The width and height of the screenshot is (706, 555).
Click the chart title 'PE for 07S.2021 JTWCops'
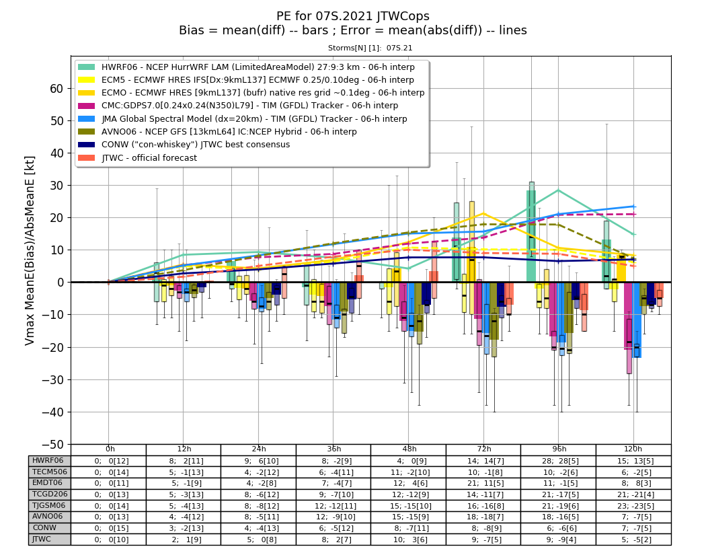[x=352, y=16]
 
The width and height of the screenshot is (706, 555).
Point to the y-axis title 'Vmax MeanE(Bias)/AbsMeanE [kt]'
[x=30, y=250]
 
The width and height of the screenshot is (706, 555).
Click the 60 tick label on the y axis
[x=56, y=89]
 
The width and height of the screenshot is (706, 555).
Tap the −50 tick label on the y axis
[x=52, y=445]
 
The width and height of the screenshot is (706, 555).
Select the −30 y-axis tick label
[x=52, y=380]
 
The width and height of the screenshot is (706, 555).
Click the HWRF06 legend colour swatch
[x=87, y=67]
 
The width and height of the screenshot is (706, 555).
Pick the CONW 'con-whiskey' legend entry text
[x=196, y=145]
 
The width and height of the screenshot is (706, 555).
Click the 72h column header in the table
[x=484, y=449]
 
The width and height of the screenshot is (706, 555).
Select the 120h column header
[x=633, y=449]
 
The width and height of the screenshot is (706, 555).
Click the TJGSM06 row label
[x=48, y=505]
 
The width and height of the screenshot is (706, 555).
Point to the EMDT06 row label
[x=47, y=483]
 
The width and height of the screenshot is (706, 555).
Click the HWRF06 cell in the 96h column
[x=558, y=461]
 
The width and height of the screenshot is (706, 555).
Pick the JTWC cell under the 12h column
[x=184, y=540]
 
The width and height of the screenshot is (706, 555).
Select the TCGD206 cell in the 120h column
[x=633, y=494]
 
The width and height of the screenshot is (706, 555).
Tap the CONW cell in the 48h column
[x=409, y=528]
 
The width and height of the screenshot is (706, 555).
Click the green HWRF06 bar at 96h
[x=531, y=236]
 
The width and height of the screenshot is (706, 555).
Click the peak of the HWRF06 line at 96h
[x=559, y=190]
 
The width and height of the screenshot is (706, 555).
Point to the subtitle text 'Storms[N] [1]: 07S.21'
[x=370, y=48]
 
